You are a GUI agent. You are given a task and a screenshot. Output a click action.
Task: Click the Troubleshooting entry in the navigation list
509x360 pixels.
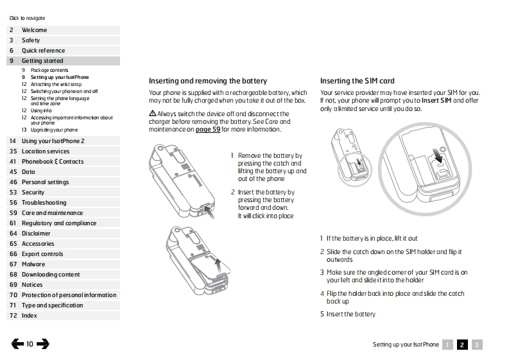(44, 203)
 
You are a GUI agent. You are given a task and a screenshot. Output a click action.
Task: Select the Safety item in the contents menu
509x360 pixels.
(31, 40)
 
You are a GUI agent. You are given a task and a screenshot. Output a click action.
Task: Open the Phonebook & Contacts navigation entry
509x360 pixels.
(53, 162)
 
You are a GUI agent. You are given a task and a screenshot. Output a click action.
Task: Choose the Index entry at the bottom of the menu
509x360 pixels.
(30, 316)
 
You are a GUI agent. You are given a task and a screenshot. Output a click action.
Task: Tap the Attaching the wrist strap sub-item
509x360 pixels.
(56, 84)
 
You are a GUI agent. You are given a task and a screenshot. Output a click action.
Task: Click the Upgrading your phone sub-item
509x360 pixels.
(54, 130)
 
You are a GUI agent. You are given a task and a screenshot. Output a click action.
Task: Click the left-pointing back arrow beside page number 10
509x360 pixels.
(17, 344)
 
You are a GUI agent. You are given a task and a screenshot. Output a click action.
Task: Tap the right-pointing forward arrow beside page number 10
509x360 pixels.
(43, 344)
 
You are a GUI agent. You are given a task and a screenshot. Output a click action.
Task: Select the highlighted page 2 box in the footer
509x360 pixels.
(462, 345)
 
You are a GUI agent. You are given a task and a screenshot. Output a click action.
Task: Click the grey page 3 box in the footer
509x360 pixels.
(477, 345)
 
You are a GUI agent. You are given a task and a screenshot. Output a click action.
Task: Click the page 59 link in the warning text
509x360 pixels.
(207, 129)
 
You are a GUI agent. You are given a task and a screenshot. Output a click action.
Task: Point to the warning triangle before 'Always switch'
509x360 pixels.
(153, 113)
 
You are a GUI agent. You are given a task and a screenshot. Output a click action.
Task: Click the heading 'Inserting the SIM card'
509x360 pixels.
(357, 81)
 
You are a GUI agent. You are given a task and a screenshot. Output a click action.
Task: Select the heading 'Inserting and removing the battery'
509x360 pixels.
(208, 81)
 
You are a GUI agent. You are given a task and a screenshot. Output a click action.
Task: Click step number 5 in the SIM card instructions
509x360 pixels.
(322, 314)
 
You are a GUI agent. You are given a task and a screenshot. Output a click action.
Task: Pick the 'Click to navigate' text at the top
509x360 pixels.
(27, 18)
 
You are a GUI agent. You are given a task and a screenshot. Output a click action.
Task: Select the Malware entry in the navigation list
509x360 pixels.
(33, 264)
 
